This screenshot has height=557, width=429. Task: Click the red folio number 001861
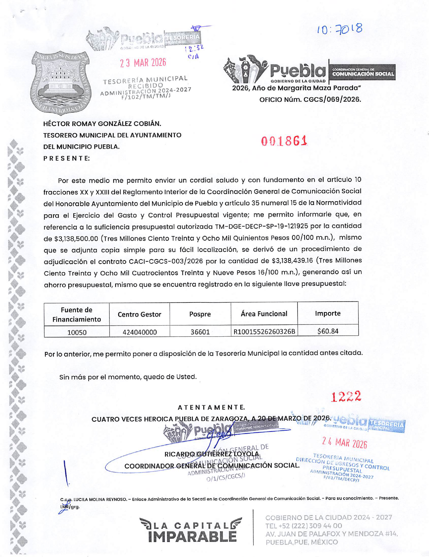coord(284,141)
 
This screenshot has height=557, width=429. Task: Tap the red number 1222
coord(346,397)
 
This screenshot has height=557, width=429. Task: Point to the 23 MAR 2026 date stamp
coord(143,63)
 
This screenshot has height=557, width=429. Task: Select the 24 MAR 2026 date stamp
coord(344,442)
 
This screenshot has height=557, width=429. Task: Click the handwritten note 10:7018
coord(339,30)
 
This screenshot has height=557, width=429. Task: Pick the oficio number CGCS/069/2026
coord(310,99)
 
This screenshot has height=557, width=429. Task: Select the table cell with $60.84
coord(328,331)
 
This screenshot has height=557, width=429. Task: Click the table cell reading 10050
coord(77,332)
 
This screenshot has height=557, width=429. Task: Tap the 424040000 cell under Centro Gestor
coord(139,332)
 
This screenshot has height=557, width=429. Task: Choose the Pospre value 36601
coord(200,332)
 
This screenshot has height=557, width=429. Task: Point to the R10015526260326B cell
coord(264,331)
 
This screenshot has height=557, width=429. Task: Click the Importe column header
coord(328,313)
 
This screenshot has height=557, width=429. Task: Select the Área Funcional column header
coord(264,314)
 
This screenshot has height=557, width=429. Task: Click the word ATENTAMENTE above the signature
coord(211,407)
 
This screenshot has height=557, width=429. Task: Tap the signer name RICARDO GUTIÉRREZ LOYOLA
coord(212,454)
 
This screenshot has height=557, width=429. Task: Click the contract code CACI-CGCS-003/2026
coord(166,262)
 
